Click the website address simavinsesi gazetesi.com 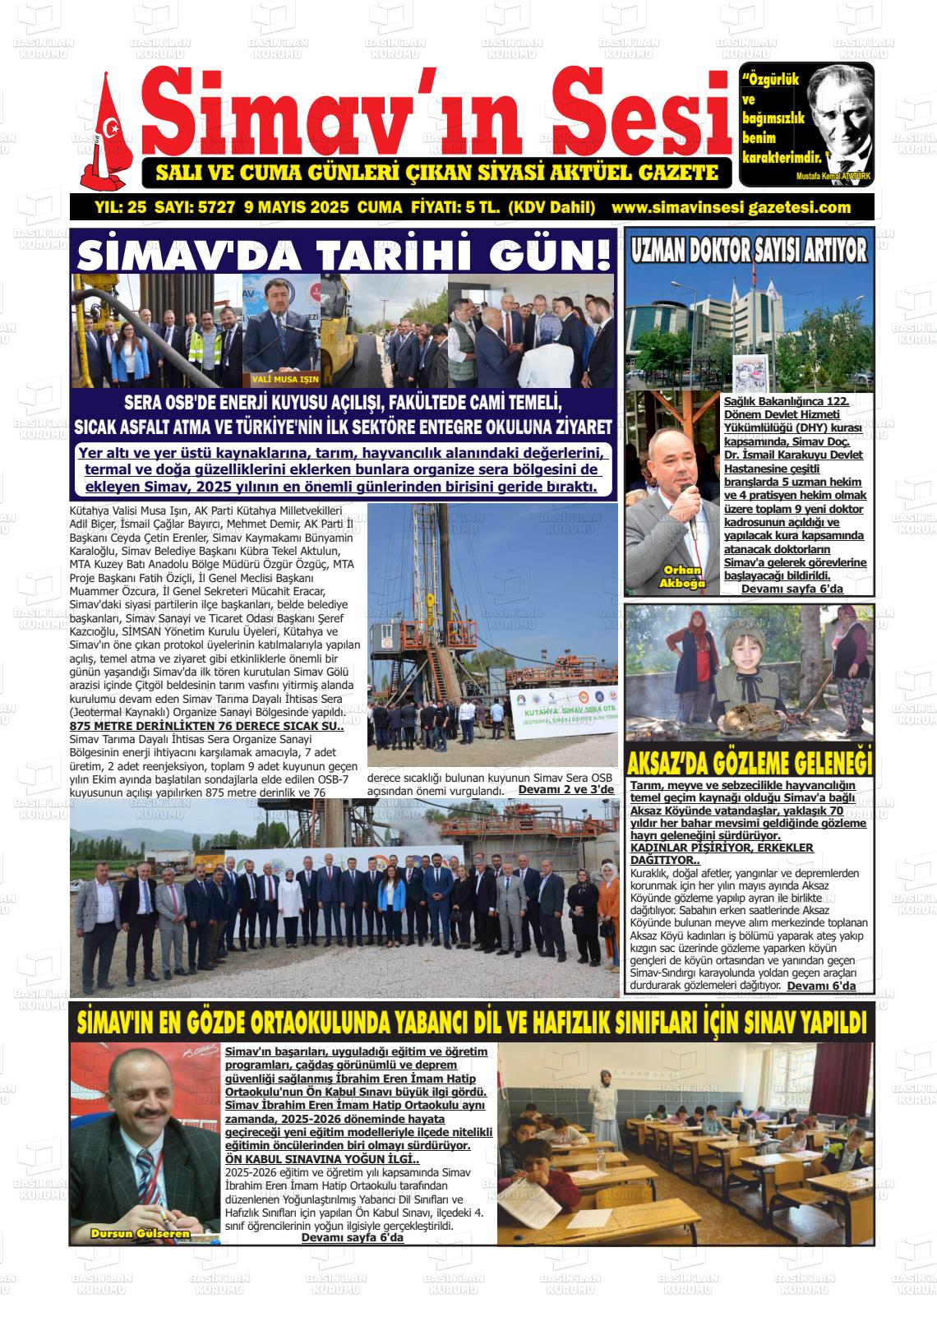click(x=732, y=207)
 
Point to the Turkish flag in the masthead click(x=110, y=127)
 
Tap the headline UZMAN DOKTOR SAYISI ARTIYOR click(x=749, y=252)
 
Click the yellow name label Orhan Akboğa click(x=682, y=577)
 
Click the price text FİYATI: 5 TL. click(x=454, y=207)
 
